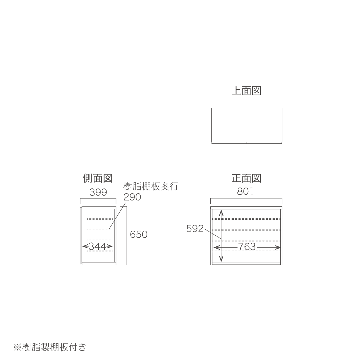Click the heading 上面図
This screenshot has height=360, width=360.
pyautogui.click(x=246, y=91)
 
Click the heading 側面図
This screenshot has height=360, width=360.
pyautogui.click(x=98, y=178)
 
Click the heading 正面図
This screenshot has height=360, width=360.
pyautogui.click(x=246, y=178)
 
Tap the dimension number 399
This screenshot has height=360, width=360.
pyautogui.click(x=98, y=192)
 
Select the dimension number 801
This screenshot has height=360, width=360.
pyautogui.click(x=245, y=191)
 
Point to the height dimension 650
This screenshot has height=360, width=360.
pyautogui.click(x=139, y=235)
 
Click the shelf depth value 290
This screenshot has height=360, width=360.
pyautogui.click(x=132, y=197)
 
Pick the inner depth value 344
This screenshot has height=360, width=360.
pyautogui.click(x=97, y=246)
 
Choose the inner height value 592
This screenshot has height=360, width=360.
pyautogui.click(x=195, y=228)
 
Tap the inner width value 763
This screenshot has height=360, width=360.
pyautogui.click(x=247, y=247)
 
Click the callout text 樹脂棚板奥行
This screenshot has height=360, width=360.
pyautogui.click(x=151, y=186)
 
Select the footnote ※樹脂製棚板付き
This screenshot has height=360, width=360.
pyautogui.click(x=50, y=347)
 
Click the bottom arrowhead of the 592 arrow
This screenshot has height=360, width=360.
pyautogui.click(x=221, y=259)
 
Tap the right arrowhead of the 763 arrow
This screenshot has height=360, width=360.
pyautogui.click(x=278, y=247)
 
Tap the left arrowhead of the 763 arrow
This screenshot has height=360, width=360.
pyautogui.click(x=217, y=247)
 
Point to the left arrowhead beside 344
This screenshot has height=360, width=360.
pyautogui.click(x=85, y=246)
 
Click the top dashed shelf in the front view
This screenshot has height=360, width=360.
pyautogui.click(x=246, y=219)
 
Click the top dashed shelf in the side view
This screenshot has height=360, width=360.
pyautogui.click(x=100, y=219)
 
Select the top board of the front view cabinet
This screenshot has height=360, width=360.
pyautogui.click(x=246, y=208)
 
